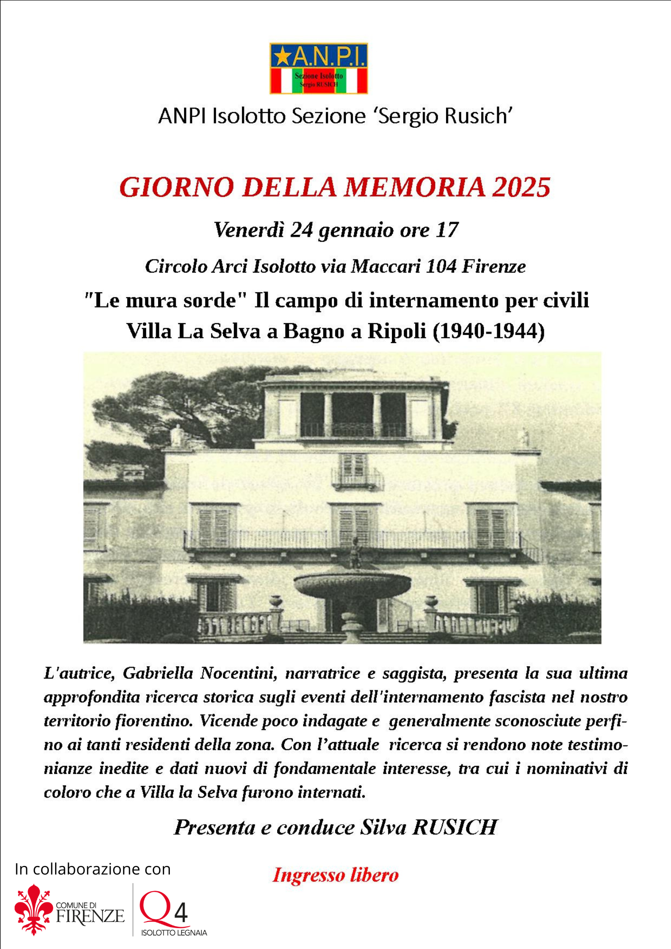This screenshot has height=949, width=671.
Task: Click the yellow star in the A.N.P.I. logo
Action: tap(283, 56)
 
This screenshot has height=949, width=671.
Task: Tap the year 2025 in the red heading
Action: tap(521, 187)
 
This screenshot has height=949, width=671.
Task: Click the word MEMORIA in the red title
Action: tap(415, 187)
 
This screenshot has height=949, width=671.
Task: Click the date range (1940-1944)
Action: tap(489, 331)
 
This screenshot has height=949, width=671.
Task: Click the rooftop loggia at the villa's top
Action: tap(353, 413)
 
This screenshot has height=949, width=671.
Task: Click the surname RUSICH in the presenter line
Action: tap(455, 827)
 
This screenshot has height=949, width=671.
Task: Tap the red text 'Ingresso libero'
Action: tap(335, 875)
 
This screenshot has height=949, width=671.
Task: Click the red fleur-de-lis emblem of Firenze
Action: tap(34, 909)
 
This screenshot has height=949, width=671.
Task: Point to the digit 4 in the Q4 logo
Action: tap(181, 912)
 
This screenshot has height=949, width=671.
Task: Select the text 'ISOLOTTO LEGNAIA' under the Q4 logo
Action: tap(174, 933)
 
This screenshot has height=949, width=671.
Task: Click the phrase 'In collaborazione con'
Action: tap(93, 869)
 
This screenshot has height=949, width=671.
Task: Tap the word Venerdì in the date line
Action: tap(249, 230)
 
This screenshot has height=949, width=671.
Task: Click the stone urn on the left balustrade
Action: tap(275, 602)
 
